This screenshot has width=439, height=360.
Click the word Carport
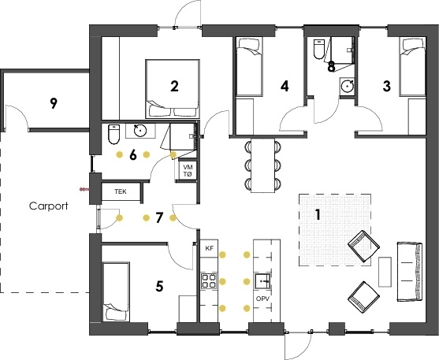tap(48, 206)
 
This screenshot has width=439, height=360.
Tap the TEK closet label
tap(121, 191)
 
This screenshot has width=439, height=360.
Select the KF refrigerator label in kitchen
tap(210, 248)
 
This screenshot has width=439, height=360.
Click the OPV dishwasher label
tap(262, 299)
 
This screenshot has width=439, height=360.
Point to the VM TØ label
tap(188, 171)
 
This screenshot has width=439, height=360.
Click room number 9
tap(54, 103)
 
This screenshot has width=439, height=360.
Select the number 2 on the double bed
tap(174, 86)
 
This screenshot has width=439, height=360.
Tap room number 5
tap(159, 287)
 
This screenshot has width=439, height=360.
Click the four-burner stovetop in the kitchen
tap(209, 280)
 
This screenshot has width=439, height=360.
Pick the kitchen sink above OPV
tap(262, 280)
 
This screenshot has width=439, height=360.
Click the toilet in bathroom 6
tap(113, 135)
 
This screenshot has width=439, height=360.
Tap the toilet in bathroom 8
tap(319, 49)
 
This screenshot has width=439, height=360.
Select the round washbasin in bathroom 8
tap(347, 86)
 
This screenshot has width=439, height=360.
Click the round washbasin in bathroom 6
tap(140, 131)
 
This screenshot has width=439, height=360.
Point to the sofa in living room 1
tap(410, 272)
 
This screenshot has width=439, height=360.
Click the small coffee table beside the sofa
tap(385, 272)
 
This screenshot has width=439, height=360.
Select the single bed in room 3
tap(412, 67)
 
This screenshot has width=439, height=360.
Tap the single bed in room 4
tap(250, 67)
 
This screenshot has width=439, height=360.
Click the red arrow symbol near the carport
tap(84, 190)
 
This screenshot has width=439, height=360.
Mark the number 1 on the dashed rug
tap(318, 214)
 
